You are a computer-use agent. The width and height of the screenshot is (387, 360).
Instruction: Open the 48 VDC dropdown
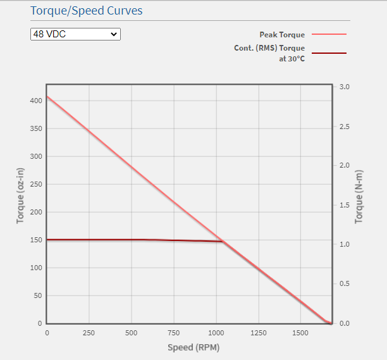[75, 34]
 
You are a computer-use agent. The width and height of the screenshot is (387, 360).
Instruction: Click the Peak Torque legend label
[282, 35]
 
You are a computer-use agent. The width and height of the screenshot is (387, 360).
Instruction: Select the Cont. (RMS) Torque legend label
[269, 48]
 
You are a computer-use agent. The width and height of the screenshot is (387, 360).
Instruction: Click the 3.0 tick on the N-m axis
[345, 87]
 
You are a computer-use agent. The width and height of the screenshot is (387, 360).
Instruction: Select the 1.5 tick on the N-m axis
[345, 205]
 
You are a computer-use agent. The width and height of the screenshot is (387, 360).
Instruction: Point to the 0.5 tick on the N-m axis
[345, 284]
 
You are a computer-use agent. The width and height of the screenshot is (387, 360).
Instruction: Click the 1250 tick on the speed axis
[259, 333]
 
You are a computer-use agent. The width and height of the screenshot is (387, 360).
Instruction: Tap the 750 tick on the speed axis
[174, 333]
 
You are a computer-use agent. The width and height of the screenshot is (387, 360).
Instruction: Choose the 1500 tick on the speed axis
[301, 333]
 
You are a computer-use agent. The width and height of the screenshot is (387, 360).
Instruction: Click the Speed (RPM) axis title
[193, 347]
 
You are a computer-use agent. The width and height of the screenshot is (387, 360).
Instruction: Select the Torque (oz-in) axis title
[20, 196]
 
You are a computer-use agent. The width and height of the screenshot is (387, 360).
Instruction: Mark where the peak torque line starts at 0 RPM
[47, 97]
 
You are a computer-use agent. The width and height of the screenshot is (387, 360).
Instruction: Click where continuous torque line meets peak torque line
[223, 241]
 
